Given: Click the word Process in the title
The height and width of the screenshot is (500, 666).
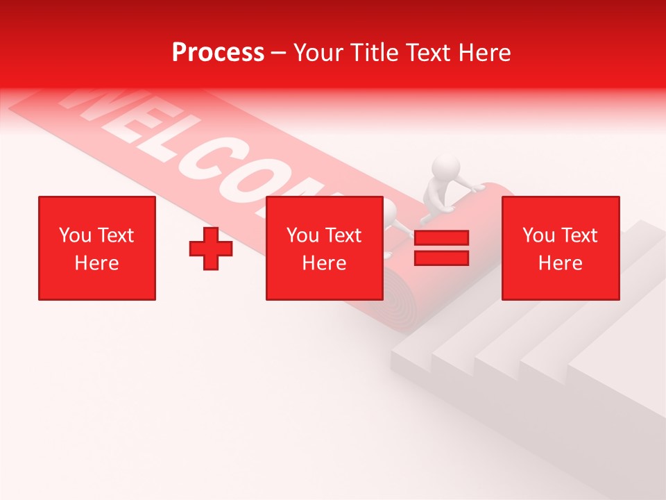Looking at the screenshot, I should [218, 53].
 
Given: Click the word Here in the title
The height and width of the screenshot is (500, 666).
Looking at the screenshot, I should [483, 53].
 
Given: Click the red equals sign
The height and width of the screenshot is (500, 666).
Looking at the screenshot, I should [441, 248].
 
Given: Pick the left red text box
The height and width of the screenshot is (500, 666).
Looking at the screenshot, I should [97, 248].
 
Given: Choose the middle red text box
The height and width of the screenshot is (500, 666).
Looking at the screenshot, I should [324, 248].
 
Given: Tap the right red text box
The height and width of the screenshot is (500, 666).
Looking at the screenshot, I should [560, 248].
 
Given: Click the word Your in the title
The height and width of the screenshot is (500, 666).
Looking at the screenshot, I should [320, 53].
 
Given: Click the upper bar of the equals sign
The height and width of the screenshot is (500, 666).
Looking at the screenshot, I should [441, 238].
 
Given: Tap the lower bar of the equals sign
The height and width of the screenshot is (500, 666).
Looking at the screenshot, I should [441, 258].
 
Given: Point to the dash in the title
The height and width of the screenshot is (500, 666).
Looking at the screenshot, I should [279, 53].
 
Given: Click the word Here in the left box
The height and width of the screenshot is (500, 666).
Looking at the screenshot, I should [97, 263].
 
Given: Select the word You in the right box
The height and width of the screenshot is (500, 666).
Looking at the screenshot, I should [538, 235].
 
